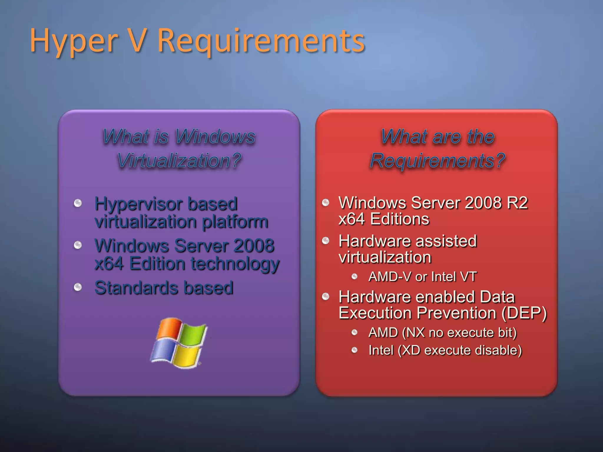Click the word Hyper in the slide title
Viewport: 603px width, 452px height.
coord(74,41)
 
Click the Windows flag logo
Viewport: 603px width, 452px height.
coord(179,343)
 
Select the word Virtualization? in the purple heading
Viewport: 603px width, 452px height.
coord(179,161)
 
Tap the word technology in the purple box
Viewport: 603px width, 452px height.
coord(235,263)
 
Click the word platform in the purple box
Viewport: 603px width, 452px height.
coord(235,222)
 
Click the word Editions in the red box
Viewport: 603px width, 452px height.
coord(400,219)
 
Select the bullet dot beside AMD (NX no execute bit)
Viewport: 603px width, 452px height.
coord(354,333)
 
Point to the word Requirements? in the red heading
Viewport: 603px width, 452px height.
coord(437,161)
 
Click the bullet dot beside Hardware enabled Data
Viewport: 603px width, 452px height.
coord(326,296)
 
